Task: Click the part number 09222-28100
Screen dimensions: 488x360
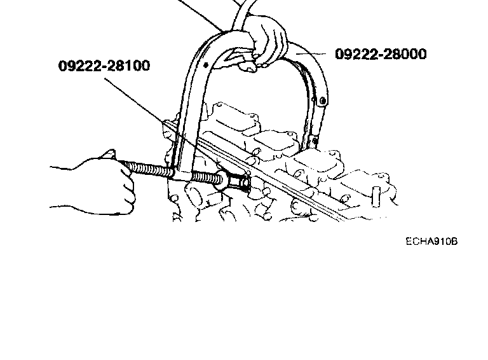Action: pyautogui.click(x=104, y=66)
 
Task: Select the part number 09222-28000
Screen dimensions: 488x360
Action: pyautogui.click(x=381, y=54)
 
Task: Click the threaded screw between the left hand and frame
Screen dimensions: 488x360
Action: pyautogui.click(x=149, y=170)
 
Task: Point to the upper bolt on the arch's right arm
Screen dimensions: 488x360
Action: pyautogui.click(x=324, y=100)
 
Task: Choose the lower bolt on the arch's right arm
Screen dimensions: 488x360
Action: pyautogui.click(x=313, y=135)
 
